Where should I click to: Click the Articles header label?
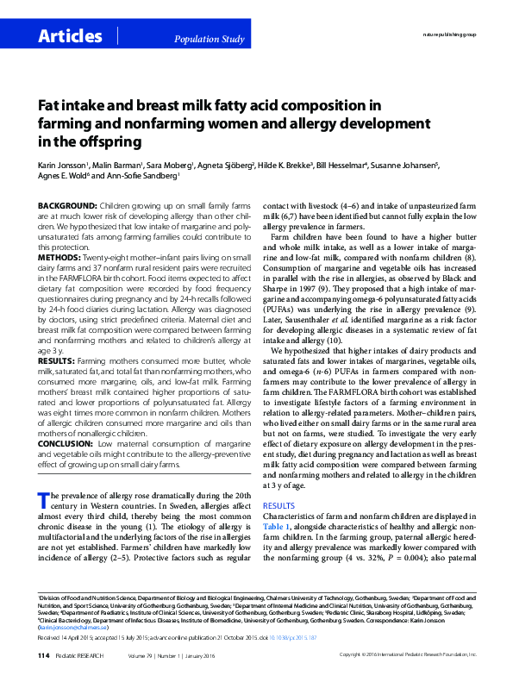tap(70, 36)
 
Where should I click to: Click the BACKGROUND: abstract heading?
tap(67, 208)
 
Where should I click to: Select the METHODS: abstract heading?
tap(61, 258)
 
